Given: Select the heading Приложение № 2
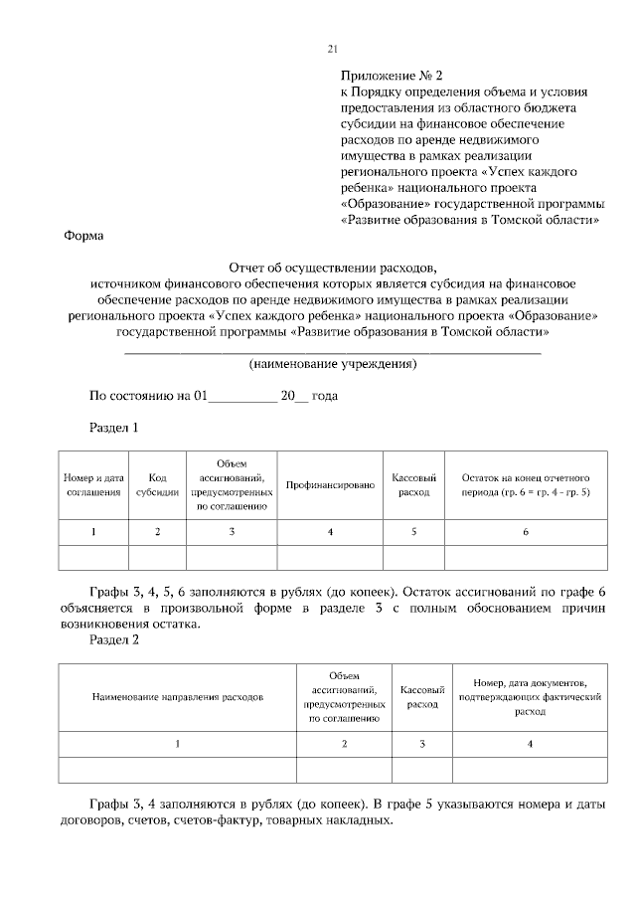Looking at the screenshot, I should click(391, 75).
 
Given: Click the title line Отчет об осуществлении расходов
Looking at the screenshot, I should click(332, 268).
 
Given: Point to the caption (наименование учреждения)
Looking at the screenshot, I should click(332, 364).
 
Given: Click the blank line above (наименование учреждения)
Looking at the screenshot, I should click(332, 351).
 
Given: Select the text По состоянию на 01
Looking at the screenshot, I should click(146, 395).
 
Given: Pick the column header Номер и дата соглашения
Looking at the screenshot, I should click(93, 484).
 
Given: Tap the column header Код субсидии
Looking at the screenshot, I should click(157, 484).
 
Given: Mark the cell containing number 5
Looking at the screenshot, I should click(413, 532).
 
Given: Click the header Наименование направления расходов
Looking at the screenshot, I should click(178, 697).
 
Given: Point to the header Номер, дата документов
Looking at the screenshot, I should click(530, 697).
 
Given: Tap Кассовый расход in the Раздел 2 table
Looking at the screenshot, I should click(421, 697).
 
